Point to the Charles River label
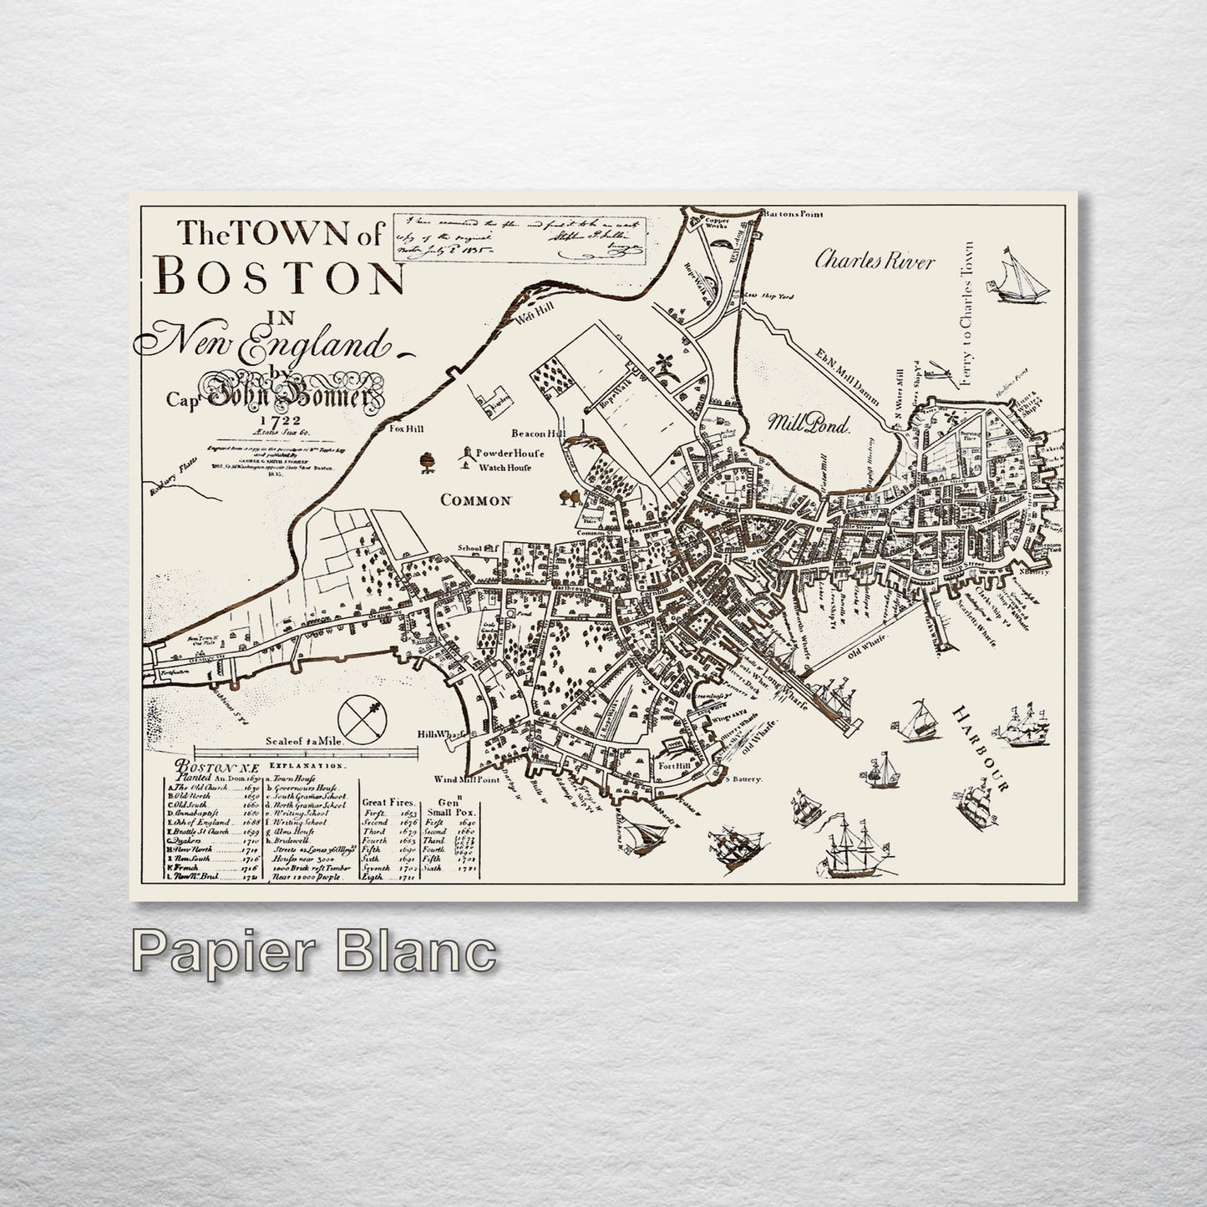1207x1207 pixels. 874,261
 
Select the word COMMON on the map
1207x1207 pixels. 475,500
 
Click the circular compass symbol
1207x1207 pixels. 362,717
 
